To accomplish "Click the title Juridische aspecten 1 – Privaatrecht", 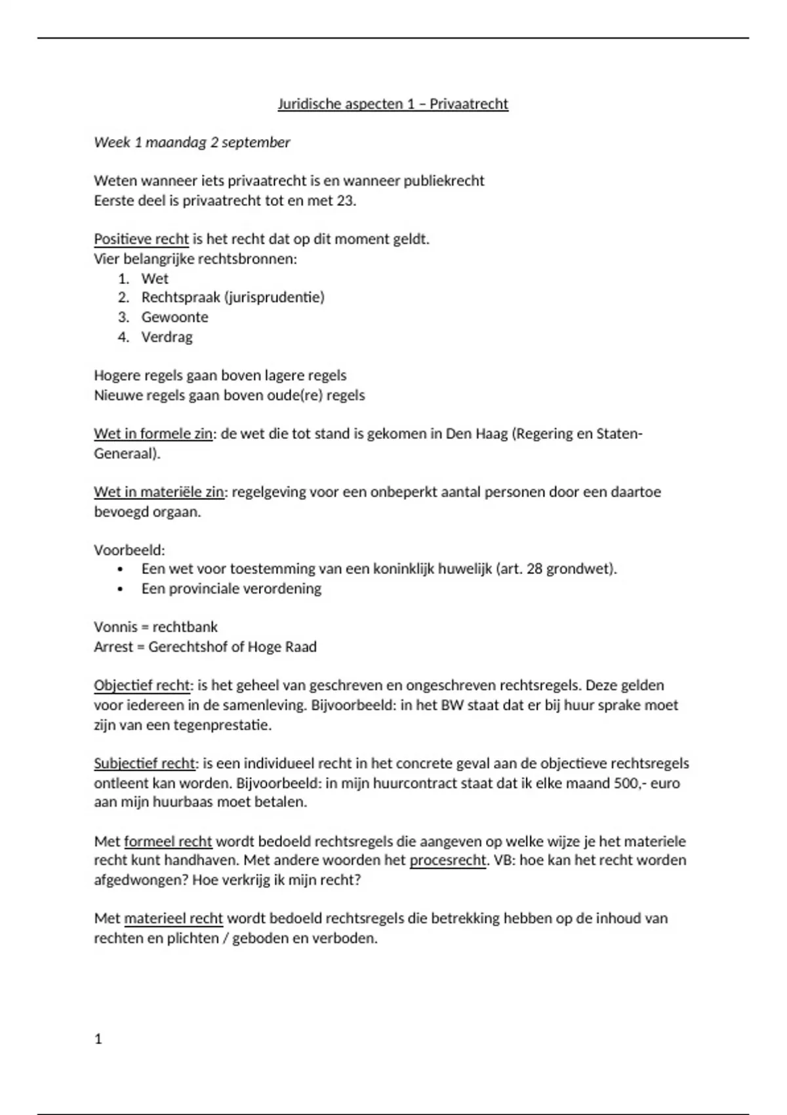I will point(393,104).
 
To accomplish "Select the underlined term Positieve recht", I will point(141,239).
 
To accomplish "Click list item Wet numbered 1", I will point(155,278).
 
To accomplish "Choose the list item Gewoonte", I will point(174,317).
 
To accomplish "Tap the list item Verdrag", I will point(167,336).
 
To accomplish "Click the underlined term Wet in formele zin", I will point(153,434).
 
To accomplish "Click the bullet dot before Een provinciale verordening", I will point(120,589).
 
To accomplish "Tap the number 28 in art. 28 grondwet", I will point(535,569).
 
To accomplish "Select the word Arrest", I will point(113,647).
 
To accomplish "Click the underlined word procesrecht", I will point(448,860).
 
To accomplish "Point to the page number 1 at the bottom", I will point(98,1039).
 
